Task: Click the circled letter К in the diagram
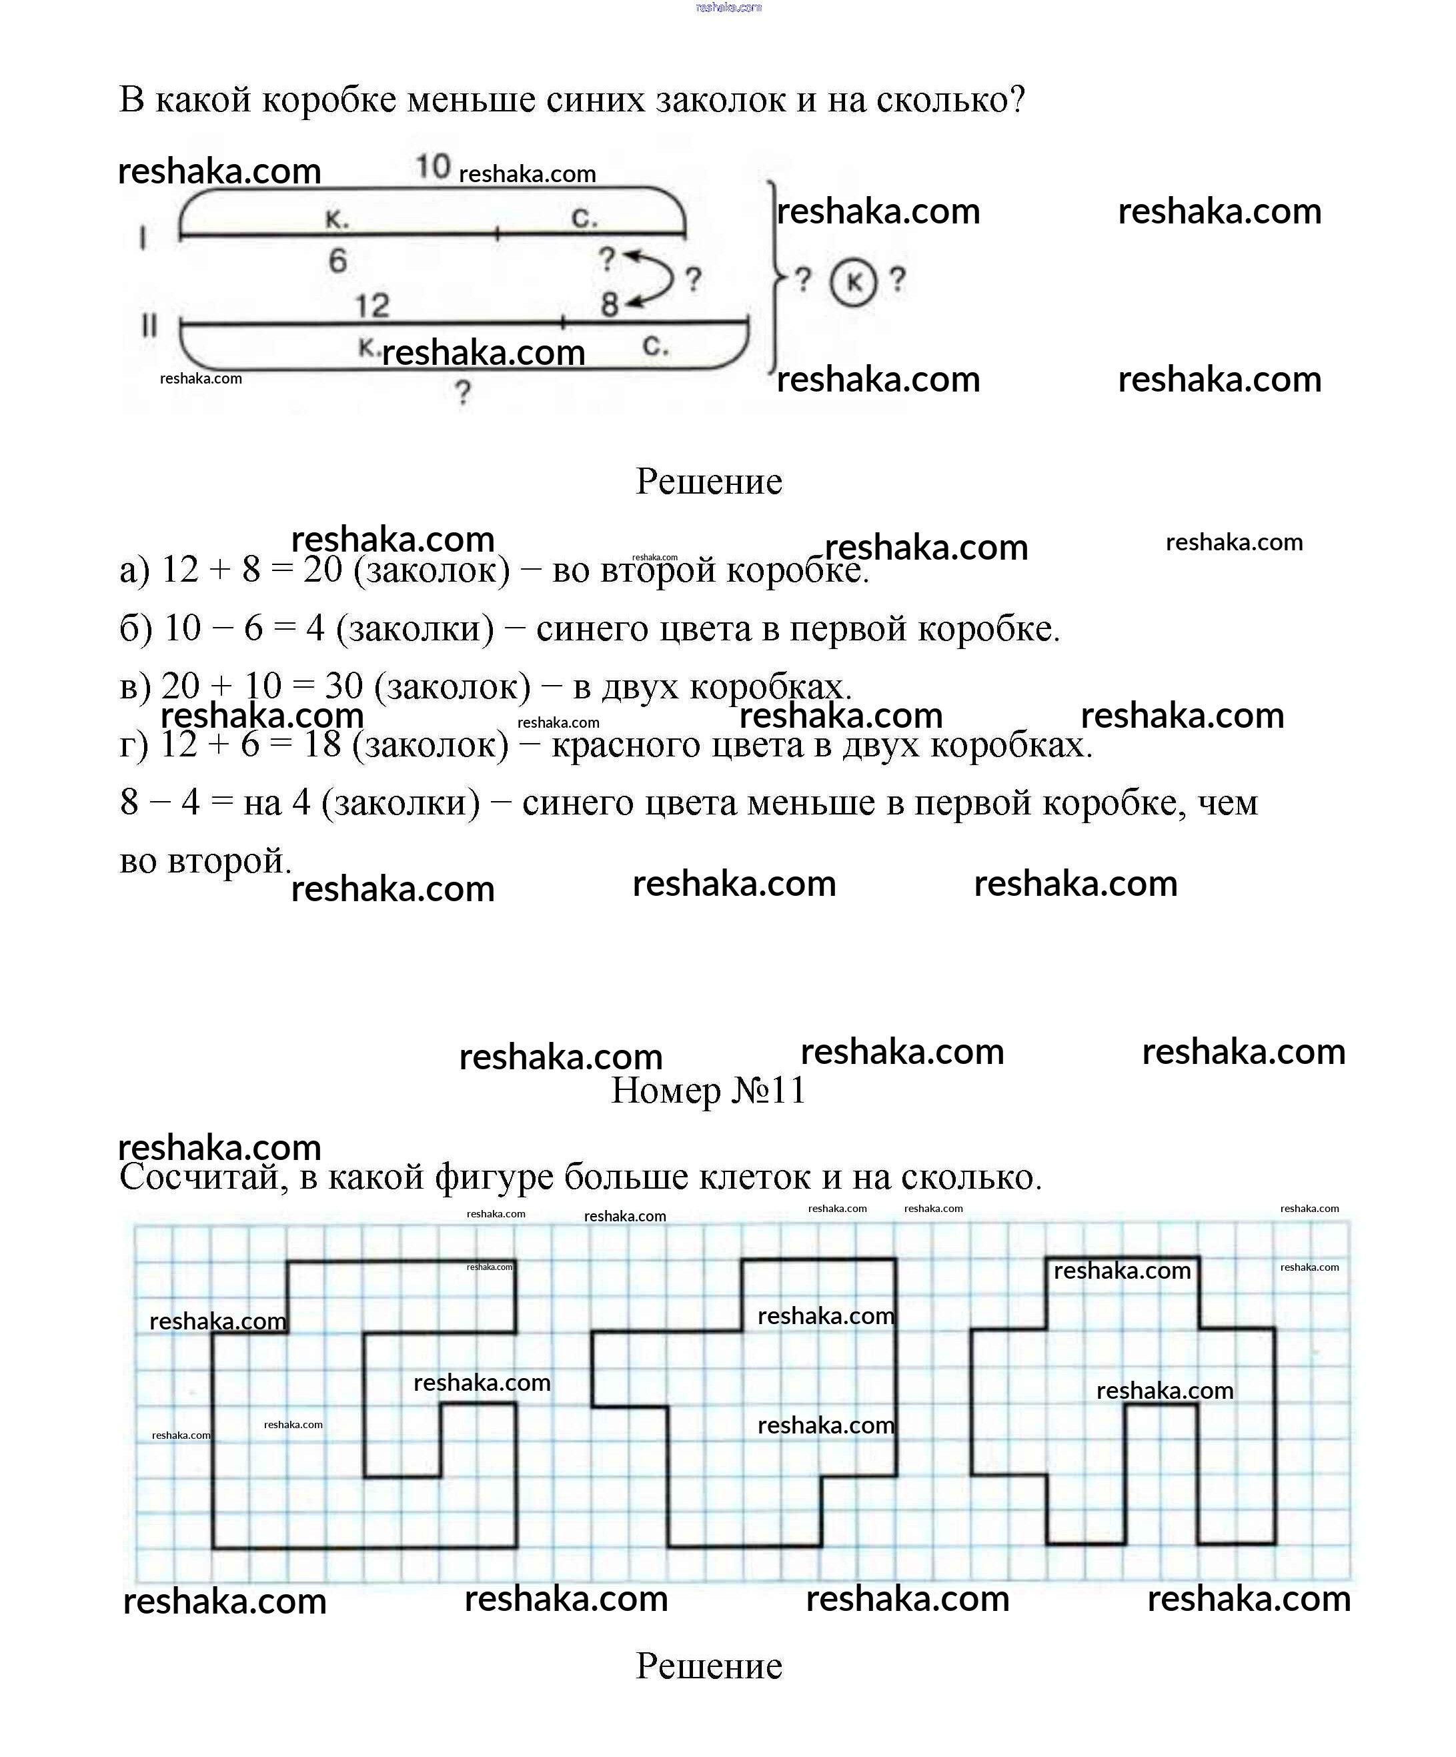[852, 282]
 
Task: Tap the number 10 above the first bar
[433, 167]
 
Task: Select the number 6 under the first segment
[337, 261]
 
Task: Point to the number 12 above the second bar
[372, 306]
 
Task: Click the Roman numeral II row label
[149, 325]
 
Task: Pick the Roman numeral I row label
[143, 238]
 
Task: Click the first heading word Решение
[709, 481]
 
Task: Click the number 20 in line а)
[322, 570]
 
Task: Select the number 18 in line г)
[321, 744]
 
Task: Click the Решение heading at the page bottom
[709, 1666]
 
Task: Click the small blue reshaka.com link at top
[728, 7]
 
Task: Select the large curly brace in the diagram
[776, 276]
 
